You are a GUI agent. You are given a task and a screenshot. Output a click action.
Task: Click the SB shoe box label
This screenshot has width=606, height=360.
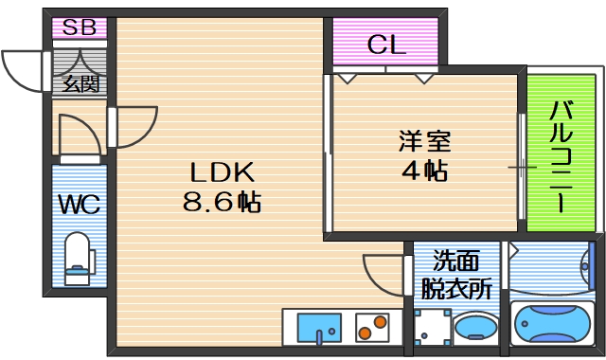pos(79,27)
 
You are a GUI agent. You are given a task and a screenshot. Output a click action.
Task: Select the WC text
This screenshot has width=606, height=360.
pos(80,204)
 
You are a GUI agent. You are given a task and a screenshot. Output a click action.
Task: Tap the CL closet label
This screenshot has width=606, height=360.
pos(386,44)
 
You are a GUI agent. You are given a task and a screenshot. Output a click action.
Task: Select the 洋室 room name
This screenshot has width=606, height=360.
pos(422,142)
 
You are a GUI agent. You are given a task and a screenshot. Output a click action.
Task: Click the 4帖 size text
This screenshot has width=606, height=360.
pos(422,172)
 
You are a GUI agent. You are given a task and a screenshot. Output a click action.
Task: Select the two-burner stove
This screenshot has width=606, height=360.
pos(372,328)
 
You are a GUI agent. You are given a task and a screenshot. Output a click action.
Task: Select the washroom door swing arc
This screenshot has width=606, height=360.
pos(383,275)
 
